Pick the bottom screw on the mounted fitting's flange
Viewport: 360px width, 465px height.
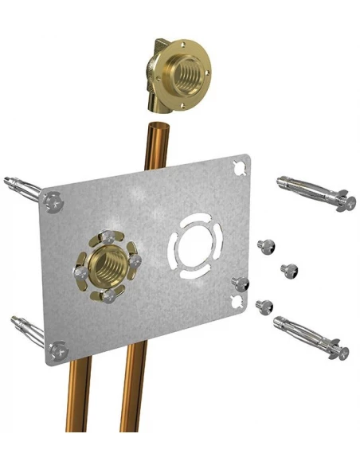coord(108,296)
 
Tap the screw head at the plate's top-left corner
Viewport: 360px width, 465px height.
coord(53,200)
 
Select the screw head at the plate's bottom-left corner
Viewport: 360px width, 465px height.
coord(57,349)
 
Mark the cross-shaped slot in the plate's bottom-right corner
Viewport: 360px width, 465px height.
coord(236,299)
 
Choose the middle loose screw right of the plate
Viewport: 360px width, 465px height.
coord(288,270)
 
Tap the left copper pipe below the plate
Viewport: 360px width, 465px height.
coord(78,406)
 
